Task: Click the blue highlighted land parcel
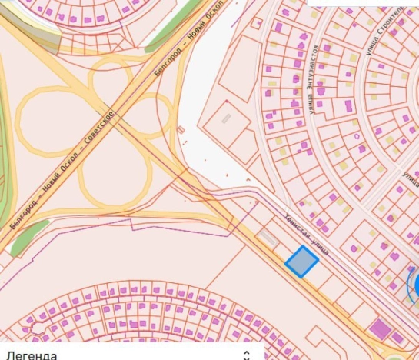click(x=301, y=262)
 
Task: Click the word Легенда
click(x=32, y=355)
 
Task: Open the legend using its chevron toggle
click(x=246, y=355)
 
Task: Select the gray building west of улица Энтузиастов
click(x=226, y=119)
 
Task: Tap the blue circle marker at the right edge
click(x=414, y=285)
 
